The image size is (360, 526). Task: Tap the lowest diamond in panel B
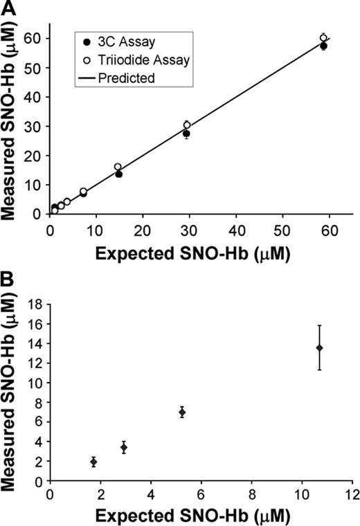(93, 462)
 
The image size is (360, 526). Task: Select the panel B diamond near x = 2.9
(123, 447)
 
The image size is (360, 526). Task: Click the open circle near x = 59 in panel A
(323, 37)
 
